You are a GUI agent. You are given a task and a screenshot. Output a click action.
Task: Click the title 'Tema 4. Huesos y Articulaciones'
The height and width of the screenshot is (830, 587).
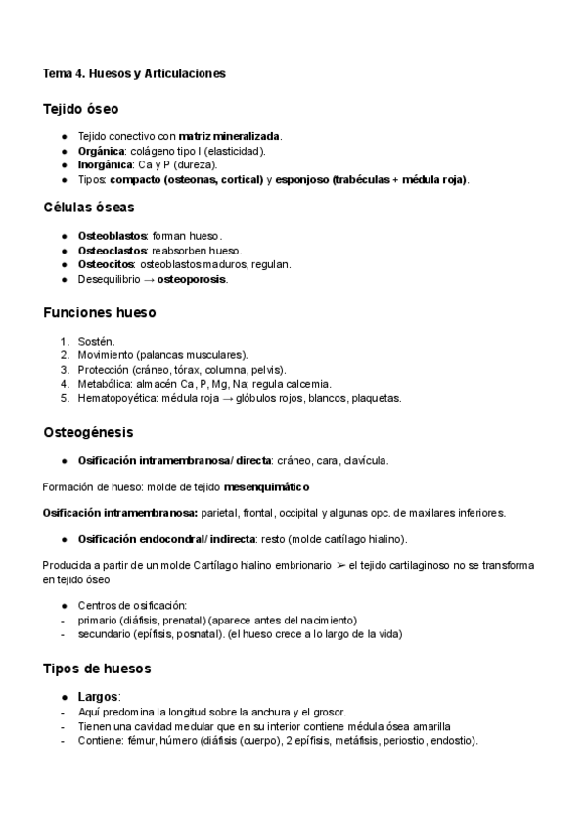point(134,73)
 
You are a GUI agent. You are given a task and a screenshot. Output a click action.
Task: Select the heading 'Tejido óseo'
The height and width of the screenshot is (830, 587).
point(81,109)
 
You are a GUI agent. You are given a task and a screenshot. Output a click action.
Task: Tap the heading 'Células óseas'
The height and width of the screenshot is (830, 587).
point(89,207)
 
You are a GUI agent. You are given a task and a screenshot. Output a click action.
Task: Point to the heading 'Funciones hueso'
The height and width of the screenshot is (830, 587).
point(99,312)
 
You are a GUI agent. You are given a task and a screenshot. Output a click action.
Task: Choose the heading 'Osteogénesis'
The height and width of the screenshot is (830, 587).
point(88,431)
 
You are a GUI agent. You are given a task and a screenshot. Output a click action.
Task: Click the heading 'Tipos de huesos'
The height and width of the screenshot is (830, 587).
point(98,669)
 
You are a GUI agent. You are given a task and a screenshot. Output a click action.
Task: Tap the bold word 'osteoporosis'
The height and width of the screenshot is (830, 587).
point(192,279)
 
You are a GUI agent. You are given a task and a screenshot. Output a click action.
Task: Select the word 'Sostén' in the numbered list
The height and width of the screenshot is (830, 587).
point(95,341)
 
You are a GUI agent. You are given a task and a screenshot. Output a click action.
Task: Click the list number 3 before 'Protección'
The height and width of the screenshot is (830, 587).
point(65,369)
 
